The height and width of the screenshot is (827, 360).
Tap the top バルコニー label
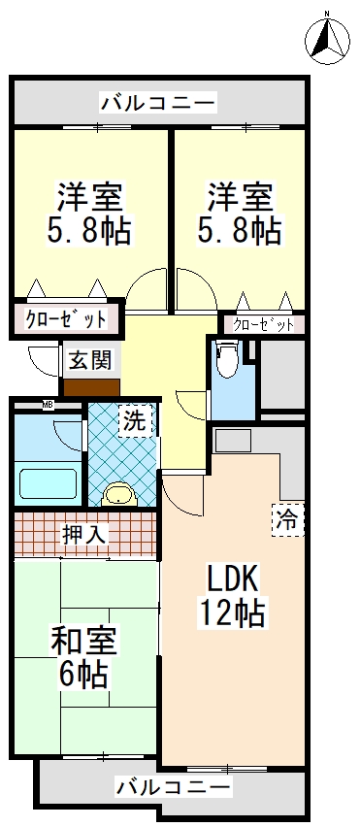coord(157,101)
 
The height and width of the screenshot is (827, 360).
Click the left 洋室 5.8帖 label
coord(89,214)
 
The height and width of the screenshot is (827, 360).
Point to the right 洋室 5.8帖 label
coord(239,214)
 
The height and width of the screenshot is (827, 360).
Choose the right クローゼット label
coord(262,324)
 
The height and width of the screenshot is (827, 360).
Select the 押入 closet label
coord(83,532)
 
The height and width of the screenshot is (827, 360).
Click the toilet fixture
coord(227,361)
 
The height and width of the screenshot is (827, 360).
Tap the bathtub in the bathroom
coord(47,482)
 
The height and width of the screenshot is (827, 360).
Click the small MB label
coord(47,404)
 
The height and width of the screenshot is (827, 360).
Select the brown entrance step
coord(90,385)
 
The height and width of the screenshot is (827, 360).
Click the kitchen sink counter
coord(233,441)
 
